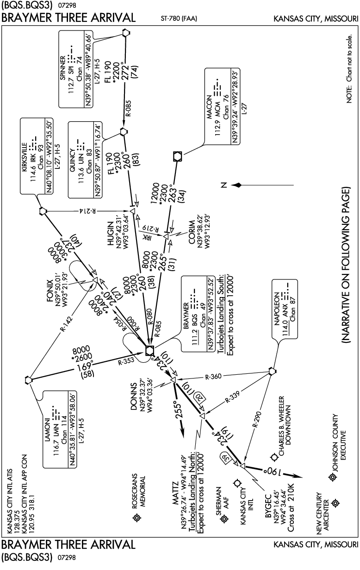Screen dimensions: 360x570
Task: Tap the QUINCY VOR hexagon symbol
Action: pyautogui.click(x=124, y=131)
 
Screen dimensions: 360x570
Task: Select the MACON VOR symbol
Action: pyautogui.click(x=177, y=156)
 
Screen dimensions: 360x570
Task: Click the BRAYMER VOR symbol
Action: pyautogui.click(x=149, y=351)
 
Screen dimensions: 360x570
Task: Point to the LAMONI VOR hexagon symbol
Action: pyautogui.click(x=29, y=380)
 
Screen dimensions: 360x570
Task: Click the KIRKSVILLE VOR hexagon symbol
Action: pyautogui.click(x=43, y=211)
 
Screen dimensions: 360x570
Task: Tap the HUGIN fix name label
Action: pyautogui.click(x=111, y=234)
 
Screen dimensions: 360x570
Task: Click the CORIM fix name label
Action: pyautogui.click(x=192, y=232)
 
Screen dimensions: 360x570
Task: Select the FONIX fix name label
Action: pyautogui.click(x=50, y=291)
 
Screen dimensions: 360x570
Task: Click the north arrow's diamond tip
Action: pyautogui.click(x=238, y=185)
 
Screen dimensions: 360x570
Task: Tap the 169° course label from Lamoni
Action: pyautogui.click(x=86, y=366)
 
